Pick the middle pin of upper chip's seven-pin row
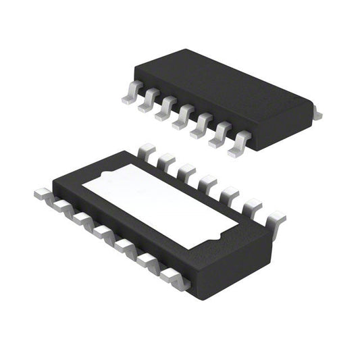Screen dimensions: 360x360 pos(183,117)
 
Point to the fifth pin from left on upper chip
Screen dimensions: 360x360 pos(201,126)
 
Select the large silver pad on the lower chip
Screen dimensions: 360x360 pos(162,203)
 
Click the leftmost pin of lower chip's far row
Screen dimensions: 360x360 pos(145,151)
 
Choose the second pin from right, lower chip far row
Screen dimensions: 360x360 pos(252,206)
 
